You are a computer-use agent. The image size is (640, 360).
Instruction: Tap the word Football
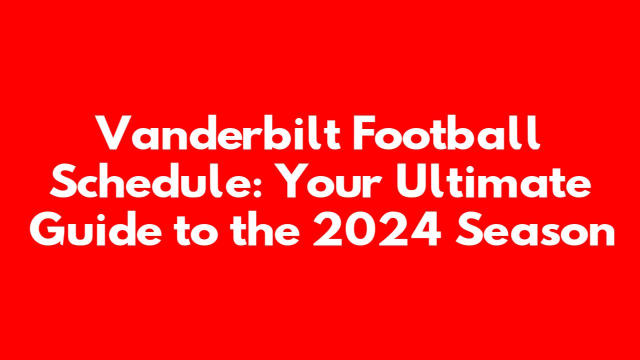[x=446, y=132]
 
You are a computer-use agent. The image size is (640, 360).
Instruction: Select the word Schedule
[x=151, y=180]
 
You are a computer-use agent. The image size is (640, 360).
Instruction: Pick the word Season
[x=535, y=229]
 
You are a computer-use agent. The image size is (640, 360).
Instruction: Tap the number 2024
[x=377, y=229]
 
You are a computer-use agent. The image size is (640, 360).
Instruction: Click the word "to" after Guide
[x=196, y=230]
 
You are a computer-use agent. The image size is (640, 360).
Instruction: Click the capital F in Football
[x=364, y=132]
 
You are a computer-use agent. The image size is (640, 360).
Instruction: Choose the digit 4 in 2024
[x=425, y=229]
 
